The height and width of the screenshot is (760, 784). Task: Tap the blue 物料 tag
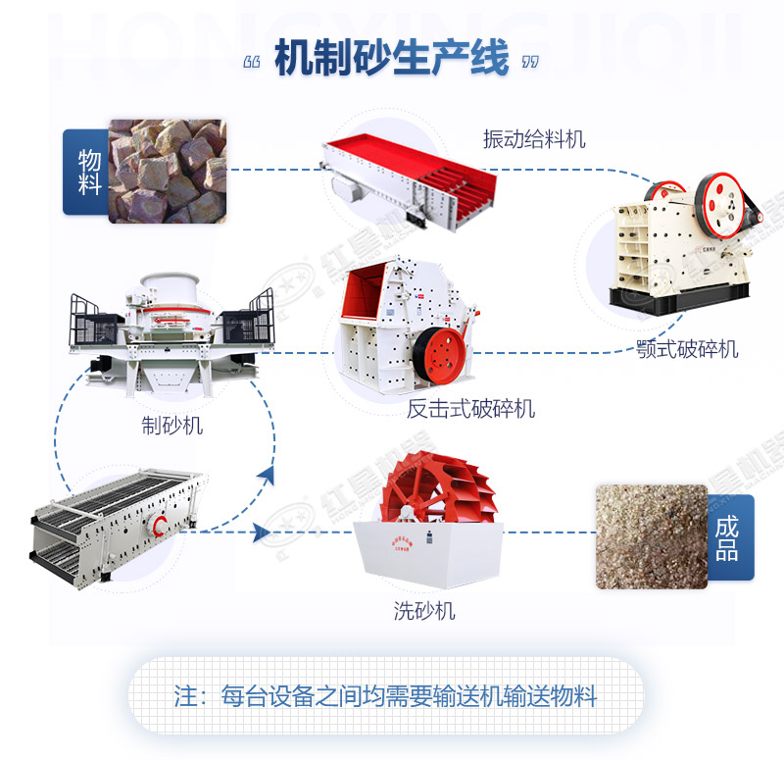(x=86, y=172)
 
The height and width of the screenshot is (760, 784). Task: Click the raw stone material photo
(x=167, y=171)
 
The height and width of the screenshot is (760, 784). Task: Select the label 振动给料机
(x=534, y=139)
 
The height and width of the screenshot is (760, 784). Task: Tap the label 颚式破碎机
(x=685, y=349)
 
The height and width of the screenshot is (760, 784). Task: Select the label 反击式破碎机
(x=471, y=408)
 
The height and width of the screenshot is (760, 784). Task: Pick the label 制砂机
(x=171, y=426)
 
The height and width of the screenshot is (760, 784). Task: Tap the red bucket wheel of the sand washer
(x=428, y=490)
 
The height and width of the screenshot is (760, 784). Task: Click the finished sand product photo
(x=651, y=534)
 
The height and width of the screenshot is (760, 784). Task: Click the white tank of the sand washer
(x=428, y=554)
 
